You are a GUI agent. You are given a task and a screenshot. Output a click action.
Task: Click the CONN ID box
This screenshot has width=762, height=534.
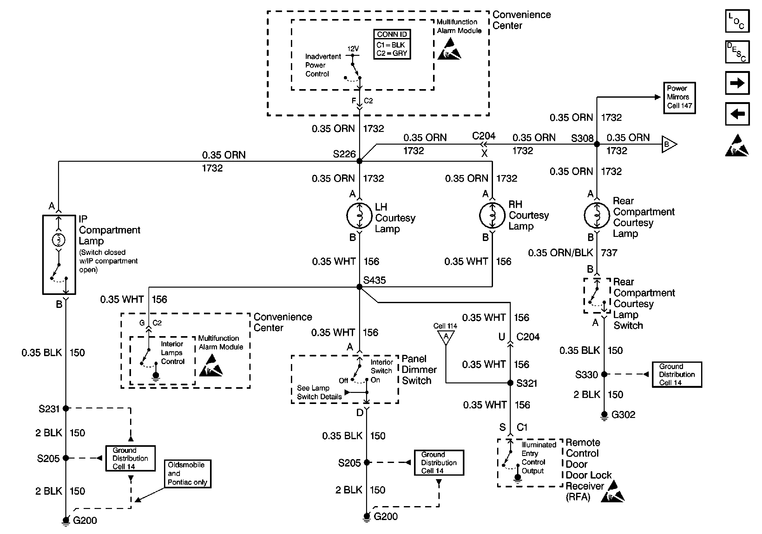pyautogui.click(x=392, y=44)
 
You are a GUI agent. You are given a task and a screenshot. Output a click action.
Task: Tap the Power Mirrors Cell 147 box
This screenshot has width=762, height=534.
pyautogui.click(x=679, y=98)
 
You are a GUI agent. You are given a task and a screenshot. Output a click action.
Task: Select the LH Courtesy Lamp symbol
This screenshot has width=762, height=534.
pyautogui.click(x=359, y=216)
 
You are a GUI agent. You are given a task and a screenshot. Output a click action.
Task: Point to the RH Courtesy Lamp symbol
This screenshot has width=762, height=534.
pyautogui.click(x=492, y=216)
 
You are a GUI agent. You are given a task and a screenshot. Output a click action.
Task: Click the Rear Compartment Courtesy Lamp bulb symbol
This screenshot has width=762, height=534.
pyautogui.click(x=597, y=216)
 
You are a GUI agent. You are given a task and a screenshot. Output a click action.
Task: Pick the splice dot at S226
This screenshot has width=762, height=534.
pyautogui.click(x=359, y=161)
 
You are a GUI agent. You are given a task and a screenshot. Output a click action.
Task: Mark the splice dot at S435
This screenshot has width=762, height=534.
pyautogui.click(x=359, y=287)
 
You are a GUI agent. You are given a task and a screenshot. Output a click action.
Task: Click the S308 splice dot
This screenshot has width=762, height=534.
pyautogui.click(x=597, y=144)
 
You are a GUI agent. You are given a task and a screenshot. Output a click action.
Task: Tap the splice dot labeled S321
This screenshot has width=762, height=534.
pyautogui.click(x=510, y=383)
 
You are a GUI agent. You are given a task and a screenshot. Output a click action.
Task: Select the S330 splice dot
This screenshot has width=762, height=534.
pyautogui.click(x=604, y=374)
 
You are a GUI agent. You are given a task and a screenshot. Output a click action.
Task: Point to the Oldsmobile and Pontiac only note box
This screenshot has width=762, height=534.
pyautogui.click(x=187, y=474)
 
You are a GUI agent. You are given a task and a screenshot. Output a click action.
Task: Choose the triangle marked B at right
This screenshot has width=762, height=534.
pyautogui.click(x=668, y=144)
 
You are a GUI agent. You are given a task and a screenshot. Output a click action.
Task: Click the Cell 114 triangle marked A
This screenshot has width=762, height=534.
pyautogui.click(x=446, y=337)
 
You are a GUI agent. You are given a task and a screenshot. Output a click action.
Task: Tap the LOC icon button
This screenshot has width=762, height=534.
pyautogui.click(x=737, y=21)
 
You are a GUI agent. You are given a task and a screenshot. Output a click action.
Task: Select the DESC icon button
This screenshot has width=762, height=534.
pyautogui.click(x=737, y=52)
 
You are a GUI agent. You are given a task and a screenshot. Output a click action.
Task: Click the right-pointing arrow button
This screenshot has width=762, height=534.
pyautogui.click(x=737, y=83)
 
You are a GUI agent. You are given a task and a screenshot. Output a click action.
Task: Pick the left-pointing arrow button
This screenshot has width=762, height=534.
pyautogui.click(x=737, y=114)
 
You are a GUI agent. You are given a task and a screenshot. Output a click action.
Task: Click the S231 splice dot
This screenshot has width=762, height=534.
pyautogui.click(x=66, y=408)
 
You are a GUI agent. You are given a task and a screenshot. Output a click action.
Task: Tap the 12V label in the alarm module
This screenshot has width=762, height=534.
pyautogui.click(x=353, y=49)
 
